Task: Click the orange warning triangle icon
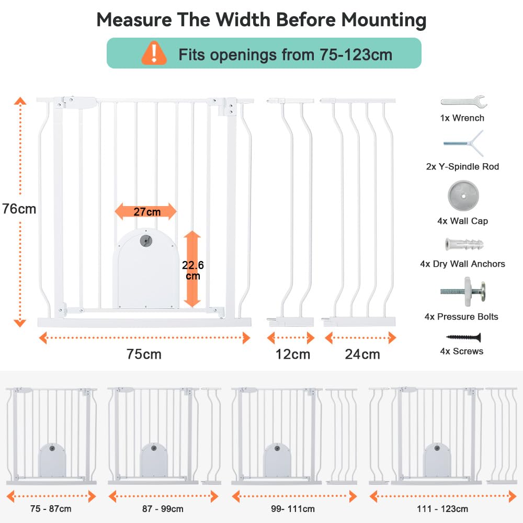[154, 53]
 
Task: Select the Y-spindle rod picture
[463, 143]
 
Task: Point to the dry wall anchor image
[463, 244]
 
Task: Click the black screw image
[463, 337]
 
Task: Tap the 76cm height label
[19, 209]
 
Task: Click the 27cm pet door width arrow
[146, 212]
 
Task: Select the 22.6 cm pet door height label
[193, 270]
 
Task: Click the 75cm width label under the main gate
[144, 354]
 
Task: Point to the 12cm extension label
[293, 354]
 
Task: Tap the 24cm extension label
[362, 354]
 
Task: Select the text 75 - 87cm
[51, 508]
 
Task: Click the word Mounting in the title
[384, 20]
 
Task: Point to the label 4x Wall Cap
[463, 221]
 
